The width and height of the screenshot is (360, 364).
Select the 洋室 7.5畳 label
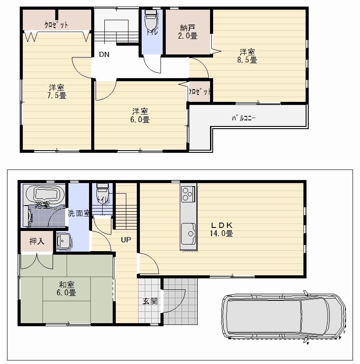57,91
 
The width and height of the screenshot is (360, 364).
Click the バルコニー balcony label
243,118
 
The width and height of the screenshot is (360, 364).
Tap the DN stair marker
104,54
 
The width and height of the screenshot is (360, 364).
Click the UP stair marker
126,240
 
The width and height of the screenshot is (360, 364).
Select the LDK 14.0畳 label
221,230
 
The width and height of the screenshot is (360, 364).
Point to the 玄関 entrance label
149,302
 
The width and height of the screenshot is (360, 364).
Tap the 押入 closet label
36,241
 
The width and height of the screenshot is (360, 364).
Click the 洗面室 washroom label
78,213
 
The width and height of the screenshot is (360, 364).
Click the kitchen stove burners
188,194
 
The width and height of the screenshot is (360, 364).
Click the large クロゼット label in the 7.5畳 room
56,25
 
